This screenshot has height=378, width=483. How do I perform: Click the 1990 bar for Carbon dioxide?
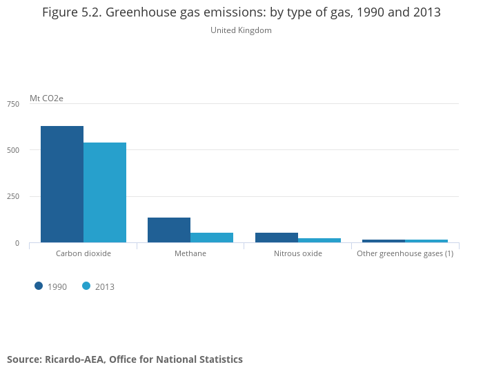(x=62, y=184)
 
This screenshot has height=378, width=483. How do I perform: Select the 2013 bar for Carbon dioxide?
(x=105, y=192)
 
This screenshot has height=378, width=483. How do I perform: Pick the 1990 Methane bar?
(x=169, y=230)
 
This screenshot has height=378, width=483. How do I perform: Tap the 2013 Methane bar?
(x=212, y=238)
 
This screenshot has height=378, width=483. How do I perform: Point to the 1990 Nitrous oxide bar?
(x=277, y=238)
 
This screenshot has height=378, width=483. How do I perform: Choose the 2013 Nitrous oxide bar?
(x=319, y=240)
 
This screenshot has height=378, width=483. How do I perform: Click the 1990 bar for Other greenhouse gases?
(x=384, y=241)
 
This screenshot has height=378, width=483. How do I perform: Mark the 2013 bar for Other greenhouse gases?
(x=426, y=241)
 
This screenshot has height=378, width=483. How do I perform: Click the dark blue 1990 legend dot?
(x=39, y=286)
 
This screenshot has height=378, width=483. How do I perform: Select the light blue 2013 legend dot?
(x=86, y=286)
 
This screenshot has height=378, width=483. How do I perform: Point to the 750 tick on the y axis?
(x=13, y=104)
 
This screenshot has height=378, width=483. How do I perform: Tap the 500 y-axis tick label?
(x=13, y=150)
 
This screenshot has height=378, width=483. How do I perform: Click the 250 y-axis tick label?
(x=13, y=196)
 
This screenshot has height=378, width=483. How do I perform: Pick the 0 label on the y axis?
(x=17, y=243)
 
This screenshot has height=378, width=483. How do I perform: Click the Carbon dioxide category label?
(x=83, y=253)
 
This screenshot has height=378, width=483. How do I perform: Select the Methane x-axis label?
(x=190, y=253)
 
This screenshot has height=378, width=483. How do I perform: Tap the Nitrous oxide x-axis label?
(x=298, y=253)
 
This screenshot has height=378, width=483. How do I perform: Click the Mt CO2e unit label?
(x=46, y=98)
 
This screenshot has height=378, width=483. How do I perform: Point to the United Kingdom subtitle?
(x=241, y=30)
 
